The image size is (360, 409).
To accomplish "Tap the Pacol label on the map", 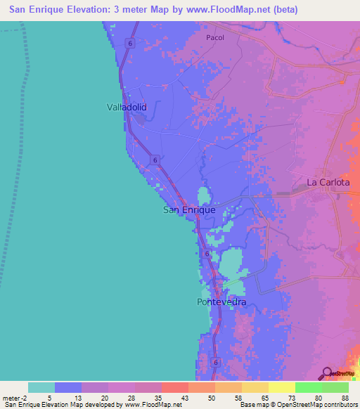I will click(214, 38).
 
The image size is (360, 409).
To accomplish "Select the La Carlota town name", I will click(328, 182).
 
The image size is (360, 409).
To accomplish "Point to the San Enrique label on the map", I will click(189, 209).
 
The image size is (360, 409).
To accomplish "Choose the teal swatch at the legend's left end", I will click(41, 387).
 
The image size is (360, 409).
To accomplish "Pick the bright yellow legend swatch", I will click(281, 387).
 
